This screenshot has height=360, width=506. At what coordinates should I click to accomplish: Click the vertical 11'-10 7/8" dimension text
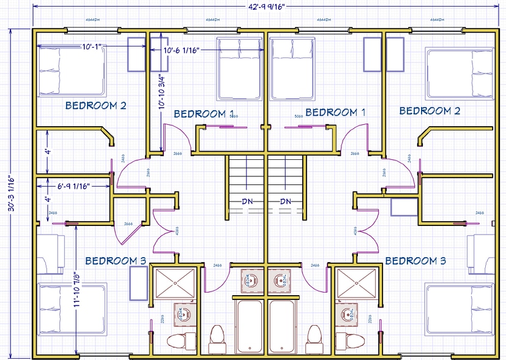click(x=77, y=291)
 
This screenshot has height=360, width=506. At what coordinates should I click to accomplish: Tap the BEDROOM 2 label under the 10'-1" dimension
click(x=95, y=105)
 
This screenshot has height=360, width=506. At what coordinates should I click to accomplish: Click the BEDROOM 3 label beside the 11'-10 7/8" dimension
click(x=115, y=261)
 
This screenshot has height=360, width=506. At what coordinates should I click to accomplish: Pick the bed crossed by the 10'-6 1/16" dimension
click(x=240, y=69)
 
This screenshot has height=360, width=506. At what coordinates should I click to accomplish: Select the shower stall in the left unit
click(x=175, y=282)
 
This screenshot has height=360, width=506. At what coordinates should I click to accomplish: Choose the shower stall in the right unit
click(x=355, y=282)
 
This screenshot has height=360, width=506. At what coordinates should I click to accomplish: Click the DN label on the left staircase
click(x=248, y=201)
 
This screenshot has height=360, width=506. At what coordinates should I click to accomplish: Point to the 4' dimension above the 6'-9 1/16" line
click(x=48, y=151)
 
